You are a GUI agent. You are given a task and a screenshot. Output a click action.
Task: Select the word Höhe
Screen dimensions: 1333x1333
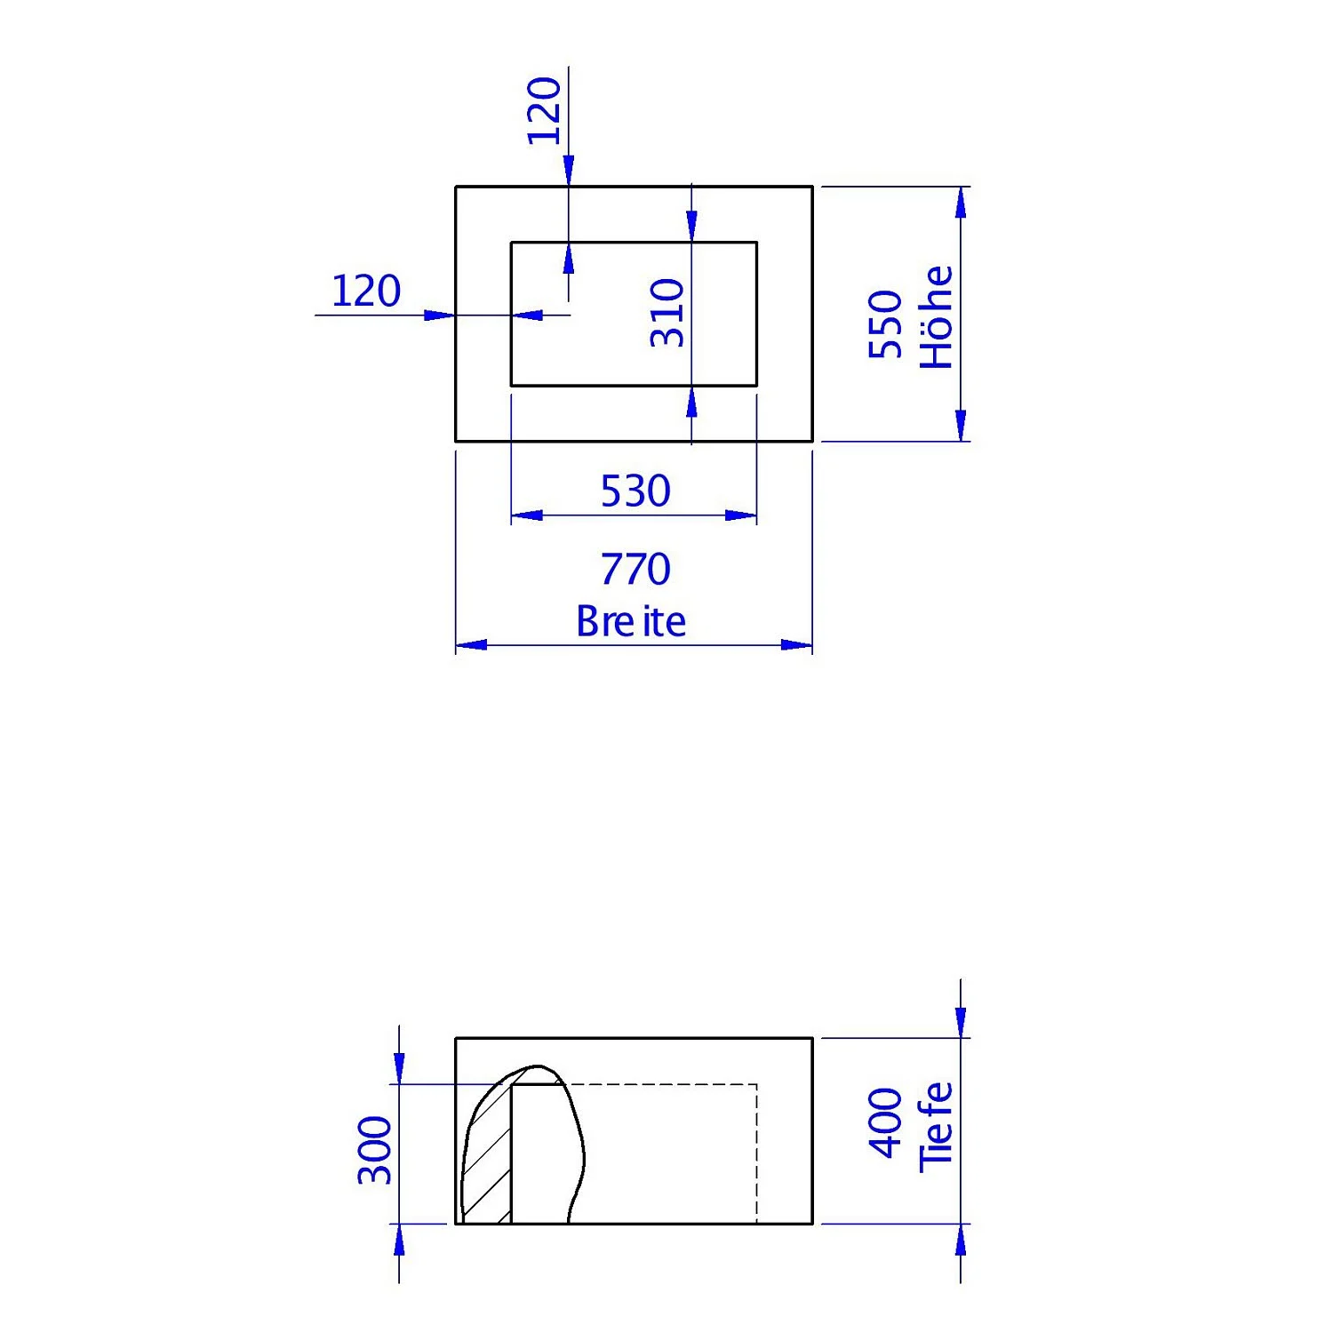[937, 317]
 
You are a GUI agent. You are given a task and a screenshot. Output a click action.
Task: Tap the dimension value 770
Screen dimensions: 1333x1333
[635, 569]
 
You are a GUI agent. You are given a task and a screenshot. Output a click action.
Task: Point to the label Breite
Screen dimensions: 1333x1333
[630, 621]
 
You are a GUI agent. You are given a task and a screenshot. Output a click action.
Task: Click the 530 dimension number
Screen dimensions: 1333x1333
[635, 491]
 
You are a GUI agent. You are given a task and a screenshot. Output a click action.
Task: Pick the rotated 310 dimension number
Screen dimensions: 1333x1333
[666, 313]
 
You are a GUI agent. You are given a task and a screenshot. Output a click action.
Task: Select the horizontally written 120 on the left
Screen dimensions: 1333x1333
[365, 291]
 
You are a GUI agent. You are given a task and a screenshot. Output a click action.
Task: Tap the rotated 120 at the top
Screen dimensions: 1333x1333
[544, 111]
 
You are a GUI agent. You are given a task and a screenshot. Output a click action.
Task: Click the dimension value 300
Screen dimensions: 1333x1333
[374, 1151]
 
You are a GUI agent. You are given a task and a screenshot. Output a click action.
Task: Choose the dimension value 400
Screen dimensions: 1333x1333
[885, 1123]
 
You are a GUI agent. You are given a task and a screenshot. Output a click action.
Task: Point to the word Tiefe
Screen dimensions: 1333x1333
[937, 1127]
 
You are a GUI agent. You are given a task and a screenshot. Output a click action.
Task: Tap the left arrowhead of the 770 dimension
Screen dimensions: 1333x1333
[470, 644]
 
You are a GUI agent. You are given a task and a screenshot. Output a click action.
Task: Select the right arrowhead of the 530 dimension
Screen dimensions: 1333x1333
[742, 515]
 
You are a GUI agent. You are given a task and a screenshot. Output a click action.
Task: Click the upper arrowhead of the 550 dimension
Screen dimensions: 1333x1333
[960, 202]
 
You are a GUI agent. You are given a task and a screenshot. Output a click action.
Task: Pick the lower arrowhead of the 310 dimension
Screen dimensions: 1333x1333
[691, 403]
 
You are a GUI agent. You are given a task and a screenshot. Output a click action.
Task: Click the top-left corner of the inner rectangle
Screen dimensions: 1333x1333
[511, 242]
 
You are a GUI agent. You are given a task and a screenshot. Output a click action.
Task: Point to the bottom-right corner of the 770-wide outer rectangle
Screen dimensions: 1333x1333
[812, 441]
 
